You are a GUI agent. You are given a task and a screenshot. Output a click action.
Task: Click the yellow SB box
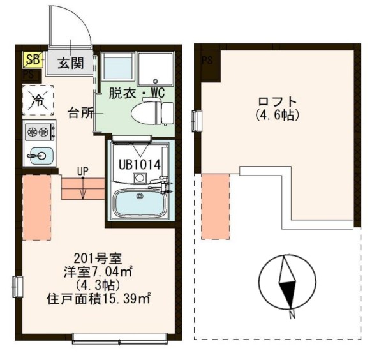31,60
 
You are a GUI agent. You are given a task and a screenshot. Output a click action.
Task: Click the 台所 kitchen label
81,114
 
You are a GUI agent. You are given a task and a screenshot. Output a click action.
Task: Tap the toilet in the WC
153,113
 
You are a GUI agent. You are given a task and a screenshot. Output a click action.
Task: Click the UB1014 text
138,163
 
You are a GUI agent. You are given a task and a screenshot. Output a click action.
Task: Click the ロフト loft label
277,101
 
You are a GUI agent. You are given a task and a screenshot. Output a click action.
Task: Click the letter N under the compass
290,313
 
